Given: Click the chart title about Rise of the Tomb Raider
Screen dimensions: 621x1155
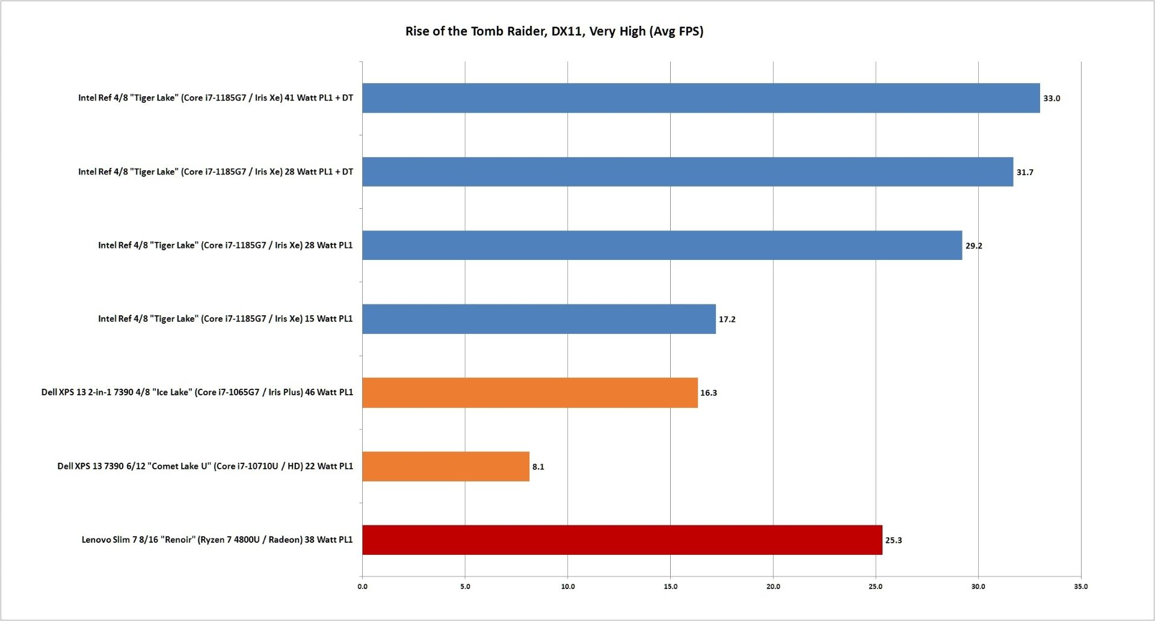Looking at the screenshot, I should [x=554, y=31].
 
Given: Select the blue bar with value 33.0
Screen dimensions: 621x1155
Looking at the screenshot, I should [x=701, y=98].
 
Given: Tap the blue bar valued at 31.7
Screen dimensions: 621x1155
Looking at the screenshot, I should [x=688, y=172].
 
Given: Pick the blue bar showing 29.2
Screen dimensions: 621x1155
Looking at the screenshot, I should [x=662, y=246].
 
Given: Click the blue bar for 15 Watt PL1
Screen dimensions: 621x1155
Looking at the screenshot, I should [x=539, y=319].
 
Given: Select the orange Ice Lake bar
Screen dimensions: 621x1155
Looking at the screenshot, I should [x=530, y=393].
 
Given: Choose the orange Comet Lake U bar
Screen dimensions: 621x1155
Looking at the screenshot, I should [x=446, y=466].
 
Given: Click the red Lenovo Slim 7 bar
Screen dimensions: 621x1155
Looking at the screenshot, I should [x=622, y=540].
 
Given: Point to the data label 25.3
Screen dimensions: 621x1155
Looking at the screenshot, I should [x=893, y=540].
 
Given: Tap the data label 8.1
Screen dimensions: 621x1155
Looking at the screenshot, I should [x=538, y=467].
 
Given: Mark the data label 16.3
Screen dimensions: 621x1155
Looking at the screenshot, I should [x=709, y=393].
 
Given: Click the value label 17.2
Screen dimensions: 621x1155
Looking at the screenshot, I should [x=727, y=320].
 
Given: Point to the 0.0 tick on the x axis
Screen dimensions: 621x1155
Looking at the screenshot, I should [x=362, y=587].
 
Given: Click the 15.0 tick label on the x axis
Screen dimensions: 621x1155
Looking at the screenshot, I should [x=670, y=587].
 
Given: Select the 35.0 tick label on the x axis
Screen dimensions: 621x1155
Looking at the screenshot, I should [x=1080, y=587].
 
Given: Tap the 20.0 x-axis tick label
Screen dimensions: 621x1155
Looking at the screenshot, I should [x=773, y=587].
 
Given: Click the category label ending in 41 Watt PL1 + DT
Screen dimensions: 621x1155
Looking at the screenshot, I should [x=215, y=98].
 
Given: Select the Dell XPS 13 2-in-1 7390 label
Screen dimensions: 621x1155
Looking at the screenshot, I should [x=197, y=392].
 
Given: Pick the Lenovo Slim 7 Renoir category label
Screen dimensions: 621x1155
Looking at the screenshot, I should [x=217, y=540].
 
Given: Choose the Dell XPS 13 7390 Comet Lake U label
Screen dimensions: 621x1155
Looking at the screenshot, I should [x=205, y=466].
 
